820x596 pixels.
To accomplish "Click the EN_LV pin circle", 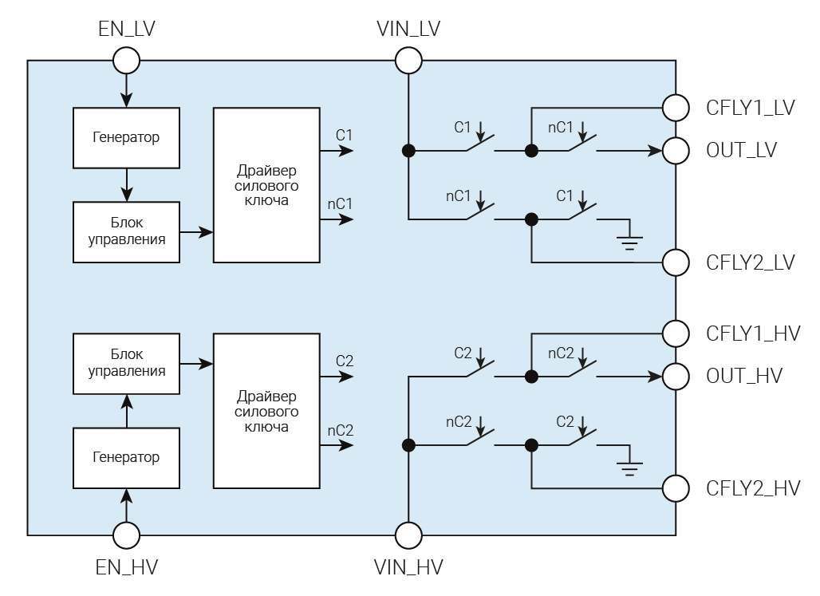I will point(126,60).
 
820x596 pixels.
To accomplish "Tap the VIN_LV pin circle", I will point(408,60).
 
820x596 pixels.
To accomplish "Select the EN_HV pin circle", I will point(126,535).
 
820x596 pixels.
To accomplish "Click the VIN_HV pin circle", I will point(408,535).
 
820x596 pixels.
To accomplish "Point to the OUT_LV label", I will point(742,150).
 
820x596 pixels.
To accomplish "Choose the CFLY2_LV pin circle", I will point(676,262).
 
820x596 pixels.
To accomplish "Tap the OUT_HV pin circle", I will point(676,375).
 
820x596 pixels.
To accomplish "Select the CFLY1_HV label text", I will point(753,334).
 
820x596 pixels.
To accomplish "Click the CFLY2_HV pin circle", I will point(676,487).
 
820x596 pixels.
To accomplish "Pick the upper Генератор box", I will point(126,136).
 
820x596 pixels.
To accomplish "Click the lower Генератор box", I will point(126,457).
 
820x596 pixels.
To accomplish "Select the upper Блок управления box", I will point(126,232).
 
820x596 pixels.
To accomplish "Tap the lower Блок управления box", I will point(126,364).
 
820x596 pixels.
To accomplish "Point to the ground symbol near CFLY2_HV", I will point(630,465).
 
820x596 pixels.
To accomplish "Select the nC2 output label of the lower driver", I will point(341,430).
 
